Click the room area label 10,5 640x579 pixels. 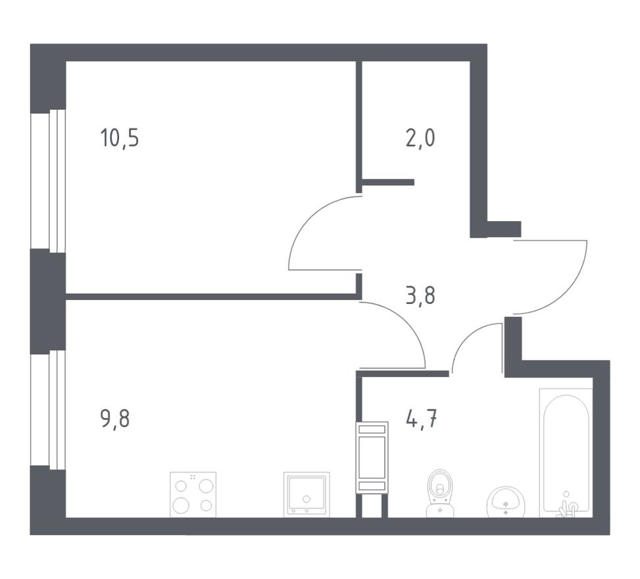[119, 139]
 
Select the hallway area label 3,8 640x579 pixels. [420, 296]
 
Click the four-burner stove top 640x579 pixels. [193, 495]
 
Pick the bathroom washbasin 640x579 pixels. [505, 503]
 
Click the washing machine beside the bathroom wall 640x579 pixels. [372, 457]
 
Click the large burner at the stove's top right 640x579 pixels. [206, 486]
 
